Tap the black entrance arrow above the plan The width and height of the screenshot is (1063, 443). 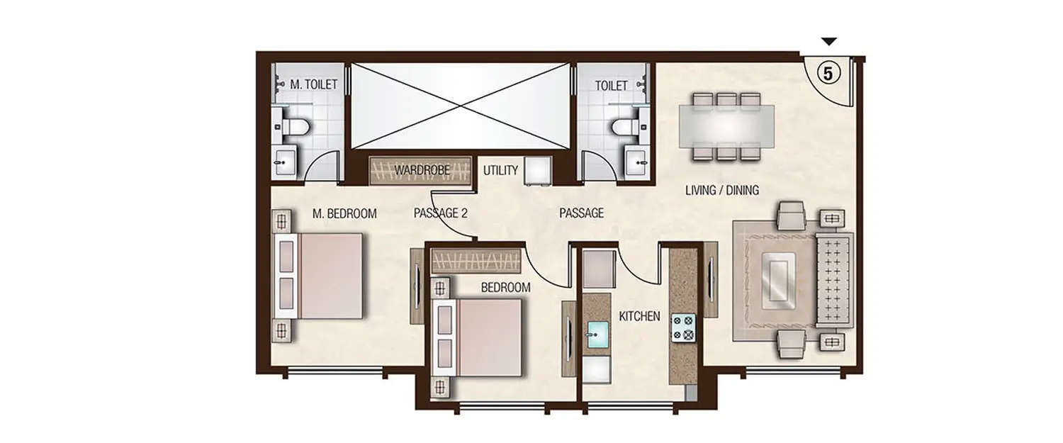830,42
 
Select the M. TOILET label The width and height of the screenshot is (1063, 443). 313,85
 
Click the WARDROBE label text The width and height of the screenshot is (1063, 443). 419,170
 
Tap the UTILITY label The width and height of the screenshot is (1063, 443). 501,170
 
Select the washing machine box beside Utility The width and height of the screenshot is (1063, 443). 538,171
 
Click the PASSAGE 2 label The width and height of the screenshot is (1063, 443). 440,213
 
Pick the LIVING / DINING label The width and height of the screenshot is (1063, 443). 722,190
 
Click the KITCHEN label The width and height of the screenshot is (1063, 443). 640,317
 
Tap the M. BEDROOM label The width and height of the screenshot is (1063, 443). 344,213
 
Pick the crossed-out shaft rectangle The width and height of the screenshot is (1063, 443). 461,106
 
